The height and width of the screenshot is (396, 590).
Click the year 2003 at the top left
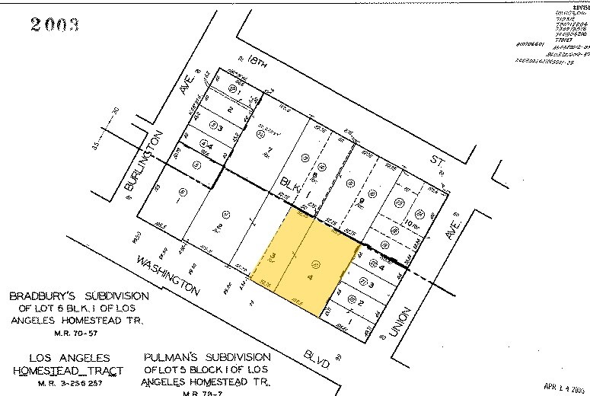(x=55, y=25)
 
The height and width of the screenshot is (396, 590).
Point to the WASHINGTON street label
(x=167, y=276)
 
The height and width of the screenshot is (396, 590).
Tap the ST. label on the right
(x=437, y=162)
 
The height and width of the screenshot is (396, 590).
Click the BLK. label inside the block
(x=292, y=186)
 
